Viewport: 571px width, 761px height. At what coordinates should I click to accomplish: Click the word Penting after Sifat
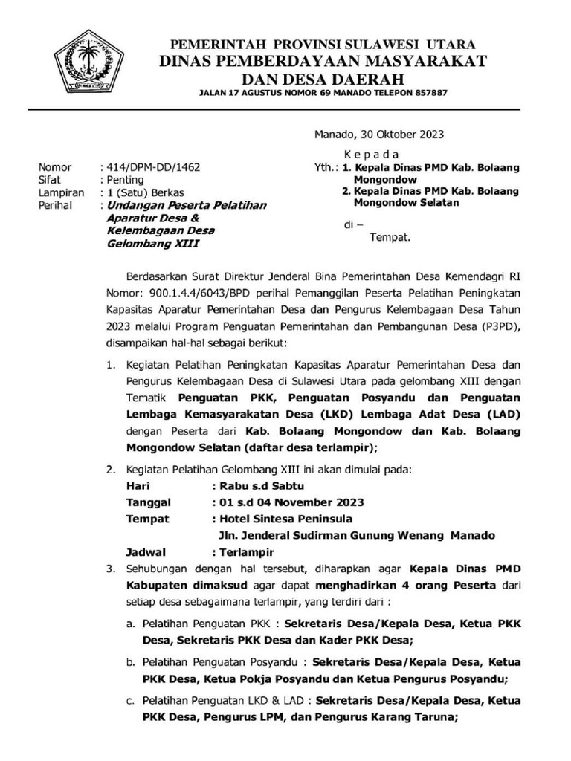pos(126,180)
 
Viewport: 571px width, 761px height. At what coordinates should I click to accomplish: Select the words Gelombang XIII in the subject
pos(153,243)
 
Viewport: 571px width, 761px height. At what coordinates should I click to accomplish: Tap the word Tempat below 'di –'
pos(390,239)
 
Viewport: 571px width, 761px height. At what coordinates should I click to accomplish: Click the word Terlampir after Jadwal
pos(246,552)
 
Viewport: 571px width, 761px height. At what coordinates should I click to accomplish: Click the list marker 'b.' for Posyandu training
pos(129,661)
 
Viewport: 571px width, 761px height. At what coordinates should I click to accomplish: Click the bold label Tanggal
pos(149,502)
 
